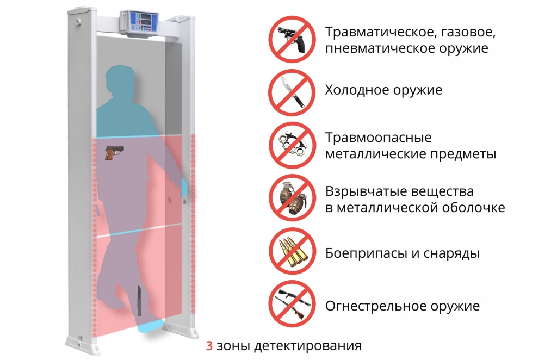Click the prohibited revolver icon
click(x=292, y=39)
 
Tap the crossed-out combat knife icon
click(x=292, y=92)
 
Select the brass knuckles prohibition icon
click(x=292, y=145)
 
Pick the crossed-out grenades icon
click(x=292, y=198)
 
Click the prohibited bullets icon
click(x=292, y=251)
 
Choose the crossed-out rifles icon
click(x=292, y=304)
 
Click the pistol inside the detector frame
click(x=114, y=152)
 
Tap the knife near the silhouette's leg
click(x=139, y=301)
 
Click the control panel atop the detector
click(x=140, y=23)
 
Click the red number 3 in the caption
click(x=209, y=345)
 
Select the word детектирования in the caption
click(x=308, y=346)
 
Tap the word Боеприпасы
click(x=367, y=253)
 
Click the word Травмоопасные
click(x=379, y=138)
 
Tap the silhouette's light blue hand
click(x=183, y=189)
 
